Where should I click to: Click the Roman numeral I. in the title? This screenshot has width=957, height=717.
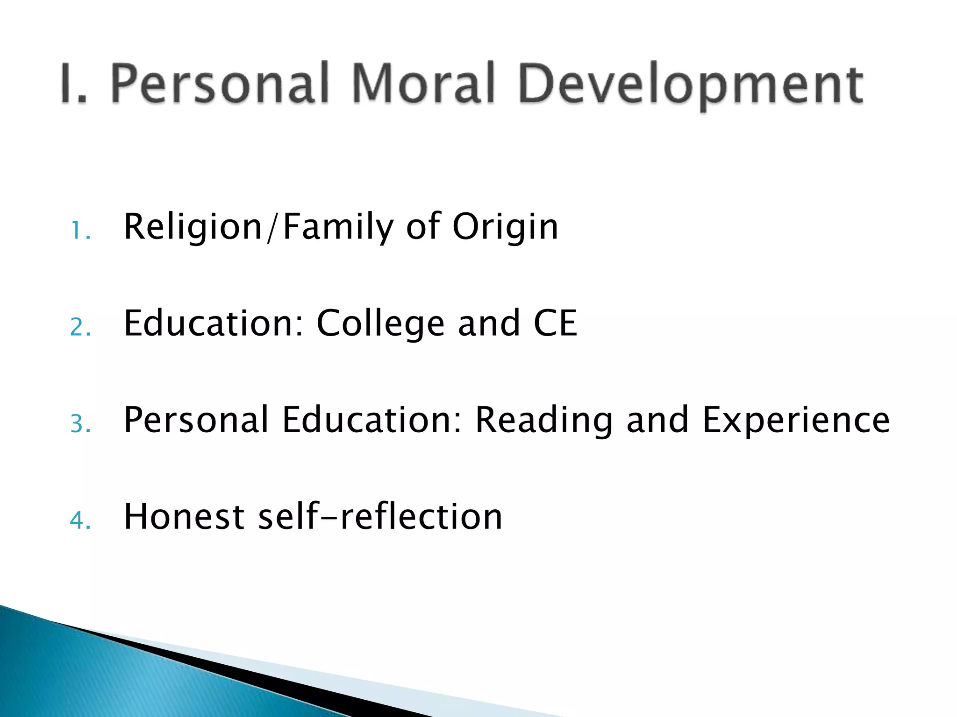(74, 84)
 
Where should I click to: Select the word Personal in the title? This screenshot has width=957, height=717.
(220, 84)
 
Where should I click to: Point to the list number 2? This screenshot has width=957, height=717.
(80, 327)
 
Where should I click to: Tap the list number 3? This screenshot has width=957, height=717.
(80, 424)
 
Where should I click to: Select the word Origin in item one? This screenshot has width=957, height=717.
(505, 227)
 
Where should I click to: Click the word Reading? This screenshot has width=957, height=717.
(543, 420)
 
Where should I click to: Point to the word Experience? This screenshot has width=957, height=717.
(796, 420)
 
